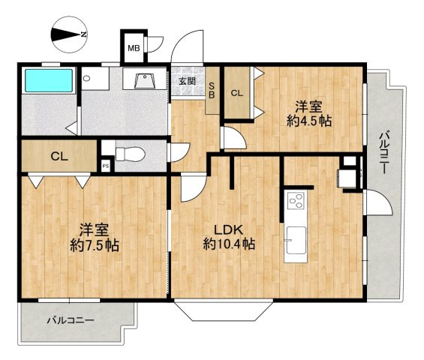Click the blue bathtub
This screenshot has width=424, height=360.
[49, 80]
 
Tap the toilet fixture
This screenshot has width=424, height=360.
[130, 154]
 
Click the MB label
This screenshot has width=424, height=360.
[134, 49]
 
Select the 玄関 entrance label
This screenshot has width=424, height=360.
[187, 81]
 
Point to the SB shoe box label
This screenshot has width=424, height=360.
[212, 90]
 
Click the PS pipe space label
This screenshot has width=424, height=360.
[106, 166]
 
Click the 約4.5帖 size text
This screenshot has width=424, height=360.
[309, 121]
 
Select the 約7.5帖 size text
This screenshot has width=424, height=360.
[95, 245]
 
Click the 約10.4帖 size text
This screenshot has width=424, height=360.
[229, 244]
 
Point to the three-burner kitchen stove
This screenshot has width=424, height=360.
[296, 200]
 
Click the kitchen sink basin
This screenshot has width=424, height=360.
[296, 240]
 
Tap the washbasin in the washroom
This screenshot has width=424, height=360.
[145, 80]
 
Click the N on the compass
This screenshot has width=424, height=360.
[84, 34]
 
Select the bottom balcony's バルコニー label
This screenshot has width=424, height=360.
[71, 320]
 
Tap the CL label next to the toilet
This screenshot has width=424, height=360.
[59, 157]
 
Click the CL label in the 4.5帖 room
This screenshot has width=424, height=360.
[237, 93]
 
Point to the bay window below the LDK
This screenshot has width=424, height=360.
[224, 310]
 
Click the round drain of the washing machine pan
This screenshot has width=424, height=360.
[86, 79]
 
